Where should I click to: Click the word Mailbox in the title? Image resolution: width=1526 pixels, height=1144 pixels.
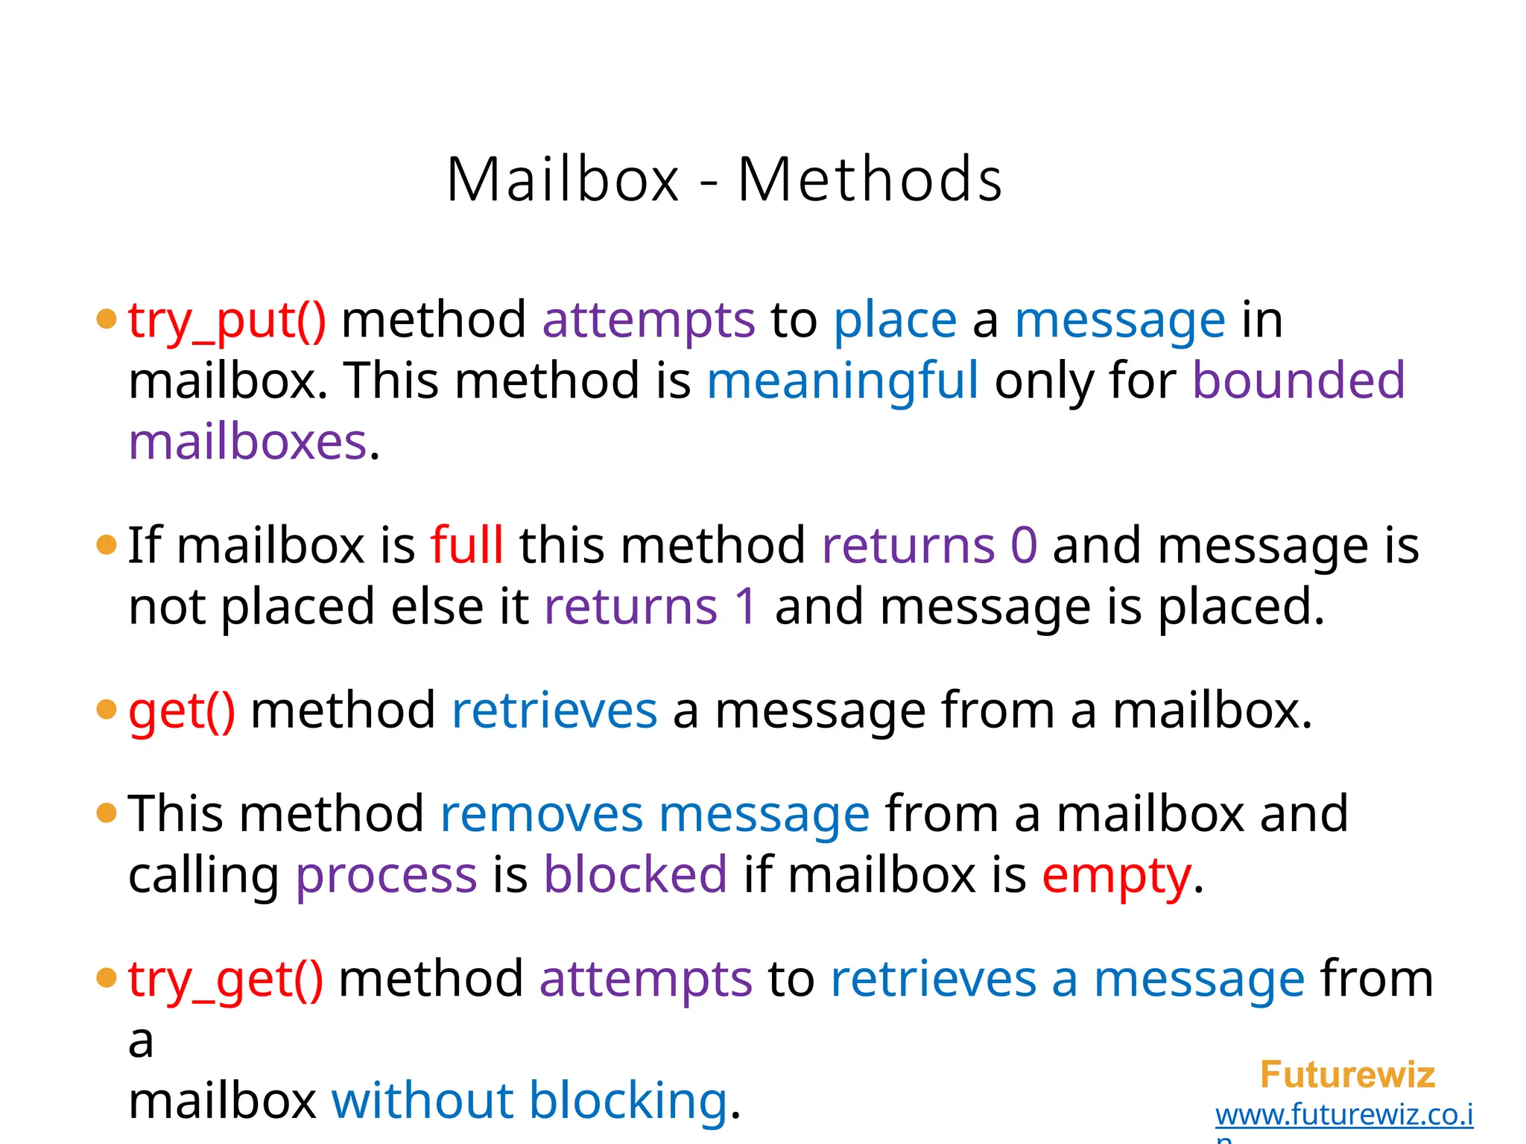click(x=563, y=179)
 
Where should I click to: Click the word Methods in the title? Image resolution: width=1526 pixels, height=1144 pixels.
click(x=870, y=179)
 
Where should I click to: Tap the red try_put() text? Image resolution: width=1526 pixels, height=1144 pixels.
click(x=227, y=320)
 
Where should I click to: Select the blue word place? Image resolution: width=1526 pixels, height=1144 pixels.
click(x=895, y=320)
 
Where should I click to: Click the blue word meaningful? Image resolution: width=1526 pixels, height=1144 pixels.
click(x=842, y=381)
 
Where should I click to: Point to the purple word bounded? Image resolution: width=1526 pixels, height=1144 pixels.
click(x=1298, y=381)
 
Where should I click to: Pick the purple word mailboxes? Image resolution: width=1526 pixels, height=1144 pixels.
click(x=248, y=442)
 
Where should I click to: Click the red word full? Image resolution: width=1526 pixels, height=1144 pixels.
click(x=467, y=545)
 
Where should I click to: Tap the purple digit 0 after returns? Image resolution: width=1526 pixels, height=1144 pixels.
click(x=1024, y=545)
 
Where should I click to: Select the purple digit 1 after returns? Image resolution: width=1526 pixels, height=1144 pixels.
click(x=745, y=606)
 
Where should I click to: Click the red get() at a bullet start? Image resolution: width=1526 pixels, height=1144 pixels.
click(x=182, y=711)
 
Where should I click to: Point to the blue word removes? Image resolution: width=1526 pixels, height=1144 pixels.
click(x=541, y=813)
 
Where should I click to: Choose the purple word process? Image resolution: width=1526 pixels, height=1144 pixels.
click(x=386, y=874)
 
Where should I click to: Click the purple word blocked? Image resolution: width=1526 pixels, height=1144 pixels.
click(x=635, y=874)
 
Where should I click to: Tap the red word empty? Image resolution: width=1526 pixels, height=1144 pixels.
click(x=1116, y=876)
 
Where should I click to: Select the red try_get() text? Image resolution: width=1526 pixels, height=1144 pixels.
click(x=226, y=979)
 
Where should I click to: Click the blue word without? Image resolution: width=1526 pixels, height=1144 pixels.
click(x=422, y=1100)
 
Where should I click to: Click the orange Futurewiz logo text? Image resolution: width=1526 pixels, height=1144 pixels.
click(x=1347, y=1075)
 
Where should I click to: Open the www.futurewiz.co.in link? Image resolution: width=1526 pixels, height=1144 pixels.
click(x=1344, y=1115)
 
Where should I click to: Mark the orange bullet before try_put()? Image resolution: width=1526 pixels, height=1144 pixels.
click(x=107, y=319)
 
